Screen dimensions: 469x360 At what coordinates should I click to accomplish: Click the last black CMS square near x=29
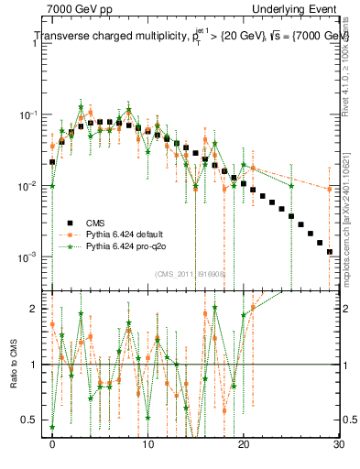point(330,251)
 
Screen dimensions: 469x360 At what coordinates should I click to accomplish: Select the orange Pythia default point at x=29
point(330,190)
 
